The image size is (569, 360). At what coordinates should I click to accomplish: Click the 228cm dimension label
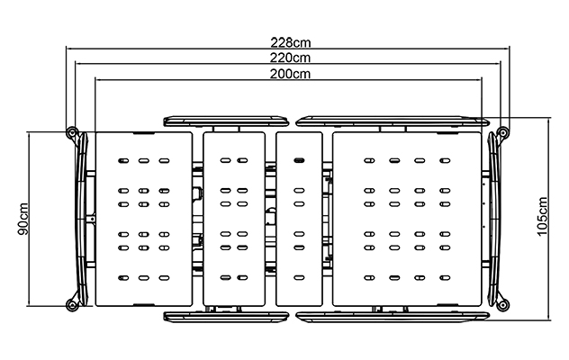point(291,43)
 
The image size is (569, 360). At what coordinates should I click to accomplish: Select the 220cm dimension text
point(290,58)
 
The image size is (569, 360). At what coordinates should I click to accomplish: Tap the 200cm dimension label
point(290,74)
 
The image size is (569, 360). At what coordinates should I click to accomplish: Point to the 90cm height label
point(23,219)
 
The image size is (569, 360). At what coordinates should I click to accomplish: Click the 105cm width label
point(542,216)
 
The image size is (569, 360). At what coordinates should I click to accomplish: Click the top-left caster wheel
point(72,133)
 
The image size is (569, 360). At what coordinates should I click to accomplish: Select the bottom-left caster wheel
point(72,305)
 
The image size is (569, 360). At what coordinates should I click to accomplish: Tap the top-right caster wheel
point(503,132)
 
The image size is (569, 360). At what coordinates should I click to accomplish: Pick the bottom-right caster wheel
point(503,305)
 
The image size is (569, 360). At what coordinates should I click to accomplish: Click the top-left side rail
point(226,121)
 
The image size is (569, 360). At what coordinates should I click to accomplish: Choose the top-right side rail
point(393,121)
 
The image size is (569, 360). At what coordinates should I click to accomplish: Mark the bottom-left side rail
point(226,317)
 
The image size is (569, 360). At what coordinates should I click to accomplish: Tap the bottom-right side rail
point(393,317)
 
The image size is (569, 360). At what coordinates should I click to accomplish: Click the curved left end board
point(82,219)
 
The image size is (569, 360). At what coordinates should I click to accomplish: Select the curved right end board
point(494,219)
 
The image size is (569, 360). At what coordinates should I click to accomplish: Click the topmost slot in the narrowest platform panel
point(299,160)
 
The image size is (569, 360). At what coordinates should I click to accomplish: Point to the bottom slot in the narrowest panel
point(299,278)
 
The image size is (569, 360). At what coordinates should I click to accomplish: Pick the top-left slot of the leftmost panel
point(123,160)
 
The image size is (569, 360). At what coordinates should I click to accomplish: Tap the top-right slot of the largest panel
point(445,160)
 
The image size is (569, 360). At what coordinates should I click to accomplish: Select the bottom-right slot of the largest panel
point(445,278)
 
